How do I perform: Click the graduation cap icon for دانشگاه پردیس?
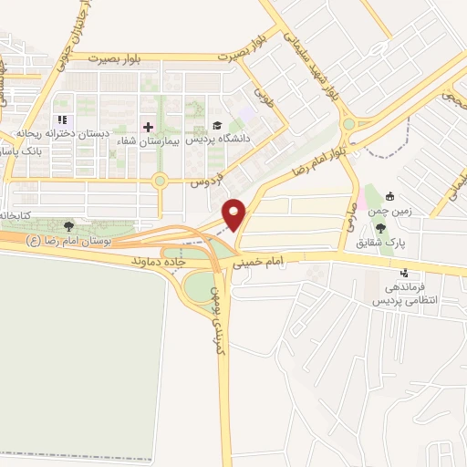point(218,125)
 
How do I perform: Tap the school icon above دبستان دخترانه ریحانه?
point(62,119)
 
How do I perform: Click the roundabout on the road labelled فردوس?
point(160,181)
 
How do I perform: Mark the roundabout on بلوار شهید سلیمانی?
point(348,124)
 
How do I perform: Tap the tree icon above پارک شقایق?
point(380,228)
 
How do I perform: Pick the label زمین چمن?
point(391,210)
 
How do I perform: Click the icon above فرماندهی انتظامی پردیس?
point(404,273)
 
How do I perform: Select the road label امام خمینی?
point(264,265)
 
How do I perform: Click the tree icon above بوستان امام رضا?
point(69,225)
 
